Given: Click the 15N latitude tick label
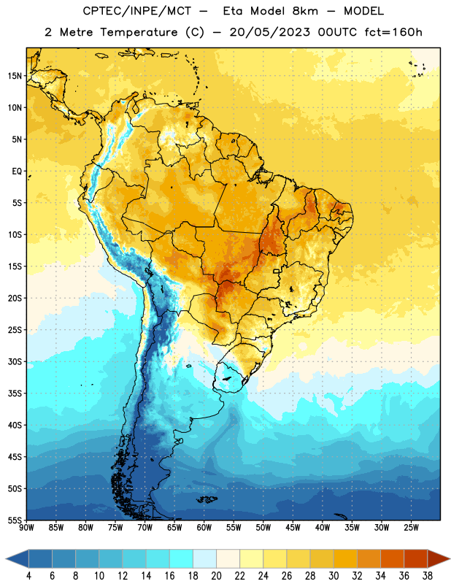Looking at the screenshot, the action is (15, 76).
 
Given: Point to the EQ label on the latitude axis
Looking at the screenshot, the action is (17, 172).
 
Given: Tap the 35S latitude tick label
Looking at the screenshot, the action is (15, 393).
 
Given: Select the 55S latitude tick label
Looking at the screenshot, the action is (15, 520).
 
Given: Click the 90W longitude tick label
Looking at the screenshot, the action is (26, 527).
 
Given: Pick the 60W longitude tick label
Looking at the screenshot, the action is (204, 527).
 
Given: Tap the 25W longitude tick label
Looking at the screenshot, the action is (411, 527).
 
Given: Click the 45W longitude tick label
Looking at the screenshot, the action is (293, 527).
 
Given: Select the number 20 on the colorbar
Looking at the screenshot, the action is (216, 576).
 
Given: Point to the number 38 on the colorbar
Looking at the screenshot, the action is (427, 576).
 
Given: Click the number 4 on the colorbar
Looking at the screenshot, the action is (28, 576).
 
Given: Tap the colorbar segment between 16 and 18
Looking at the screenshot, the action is (181, 558).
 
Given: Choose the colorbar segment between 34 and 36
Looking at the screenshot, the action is (392, 558).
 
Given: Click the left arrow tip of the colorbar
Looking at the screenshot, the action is (6, 558).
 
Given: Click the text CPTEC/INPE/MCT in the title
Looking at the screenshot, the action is (137, 11).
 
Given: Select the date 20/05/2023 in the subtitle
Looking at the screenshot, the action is (269, 32).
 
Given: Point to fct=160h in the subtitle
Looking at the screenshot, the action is (393, 32).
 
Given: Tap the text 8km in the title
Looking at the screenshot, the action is (305, 11).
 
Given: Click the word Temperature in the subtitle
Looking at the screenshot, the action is (139, 32).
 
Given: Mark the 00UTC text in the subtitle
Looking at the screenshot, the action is (337, 32).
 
